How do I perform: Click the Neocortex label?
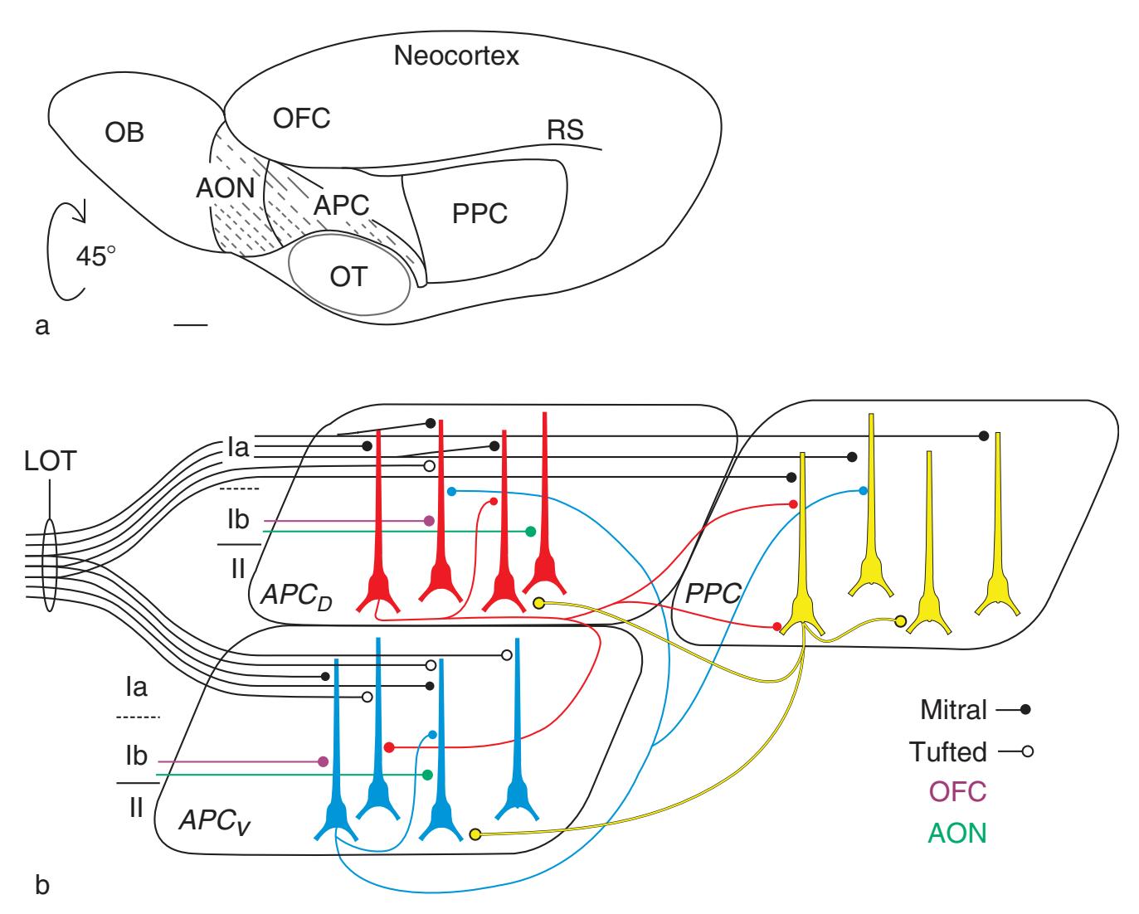click(x=456, y=56)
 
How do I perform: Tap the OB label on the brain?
click(x=125, y=132)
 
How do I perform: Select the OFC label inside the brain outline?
click(x=301, y=118)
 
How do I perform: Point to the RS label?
click(x=565, y=130)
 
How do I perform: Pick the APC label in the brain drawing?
click(x=341, y=204)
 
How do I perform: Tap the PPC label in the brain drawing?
click(x=479, y=213)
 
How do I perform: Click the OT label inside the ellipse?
click(x=348, y=276)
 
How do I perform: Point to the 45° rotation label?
click(x=96, y=255)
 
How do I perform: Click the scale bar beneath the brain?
click(x=191, y=326)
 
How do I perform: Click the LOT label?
click(x=50, y=461)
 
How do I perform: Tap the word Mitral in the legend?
click(x=953, y=710)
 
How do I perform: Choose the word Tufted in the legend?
click(x=947, y=752)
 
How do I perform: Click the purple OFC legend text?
click(x=957, y=792)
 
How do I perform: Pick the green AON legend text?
click(x=957, y=833)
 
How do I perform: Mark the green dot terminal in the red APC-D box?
click(x=531, y=532)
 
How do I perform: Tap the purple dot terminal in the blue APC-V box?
click(x=323, y=761)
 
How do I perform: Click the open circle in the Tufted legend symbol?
click(x=1026, y=752)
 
